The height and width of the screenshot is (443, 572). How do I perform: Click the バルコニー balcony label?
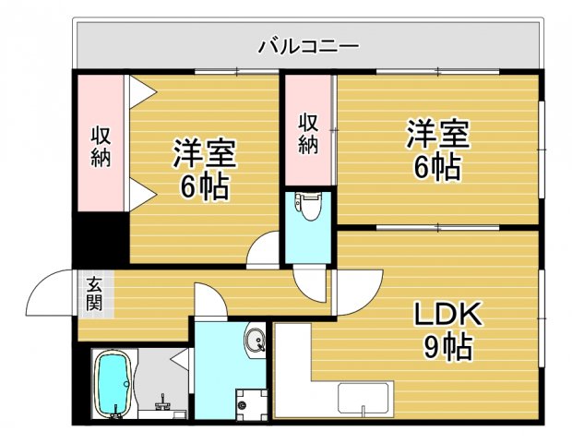pos(307,44)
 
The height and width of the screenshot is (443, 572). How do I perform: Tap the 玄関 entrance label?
pos(95,293)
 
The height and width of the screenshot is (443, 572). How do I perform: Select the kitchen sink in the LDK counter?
pos(365,399)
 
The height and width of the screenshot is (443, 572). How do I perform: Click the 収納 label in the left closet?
pos(100,145)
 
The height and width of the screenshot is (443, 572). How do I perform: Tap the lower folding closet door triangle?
pos(141,194)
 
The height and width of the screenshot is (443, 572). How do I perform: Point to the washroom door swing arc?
pos(207,300)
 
